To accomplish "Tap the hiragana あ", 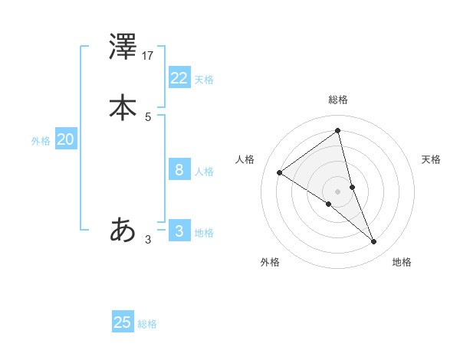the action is coord(123,229).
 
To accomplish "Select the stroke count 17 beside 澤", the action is coord(148,56).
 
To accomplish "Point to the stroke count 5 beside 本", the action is coord(148,116).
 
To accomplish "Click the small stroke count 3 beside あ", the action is coord(148,239).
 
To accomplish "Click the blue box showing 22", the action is coord(179,77).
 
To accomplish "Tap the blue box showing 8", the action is coord(179,169).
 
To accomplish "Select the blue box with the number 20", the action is coord(65,139).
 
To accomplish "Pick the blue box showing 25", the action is coord(123,322).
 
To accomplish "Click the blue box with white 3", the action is coord(179,231).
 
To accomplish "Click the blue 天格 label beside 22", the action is coord(204,80).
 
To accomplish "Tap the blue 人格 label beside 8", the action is coord(204,172).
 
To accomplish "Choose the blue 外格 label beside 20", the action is coord(41,141).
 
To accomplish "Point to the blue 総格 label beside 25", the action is coord(147,324).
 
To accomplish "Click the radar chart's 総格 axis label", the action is coord(338,100).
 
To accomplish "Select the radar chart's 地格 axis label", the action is coord(402,262).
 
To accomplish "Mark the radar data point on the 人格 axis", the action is coord(280,173).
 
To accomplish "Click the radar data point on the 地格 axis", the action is coord(374,242).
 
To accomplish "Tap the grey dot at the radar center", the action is coord(338,191).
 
